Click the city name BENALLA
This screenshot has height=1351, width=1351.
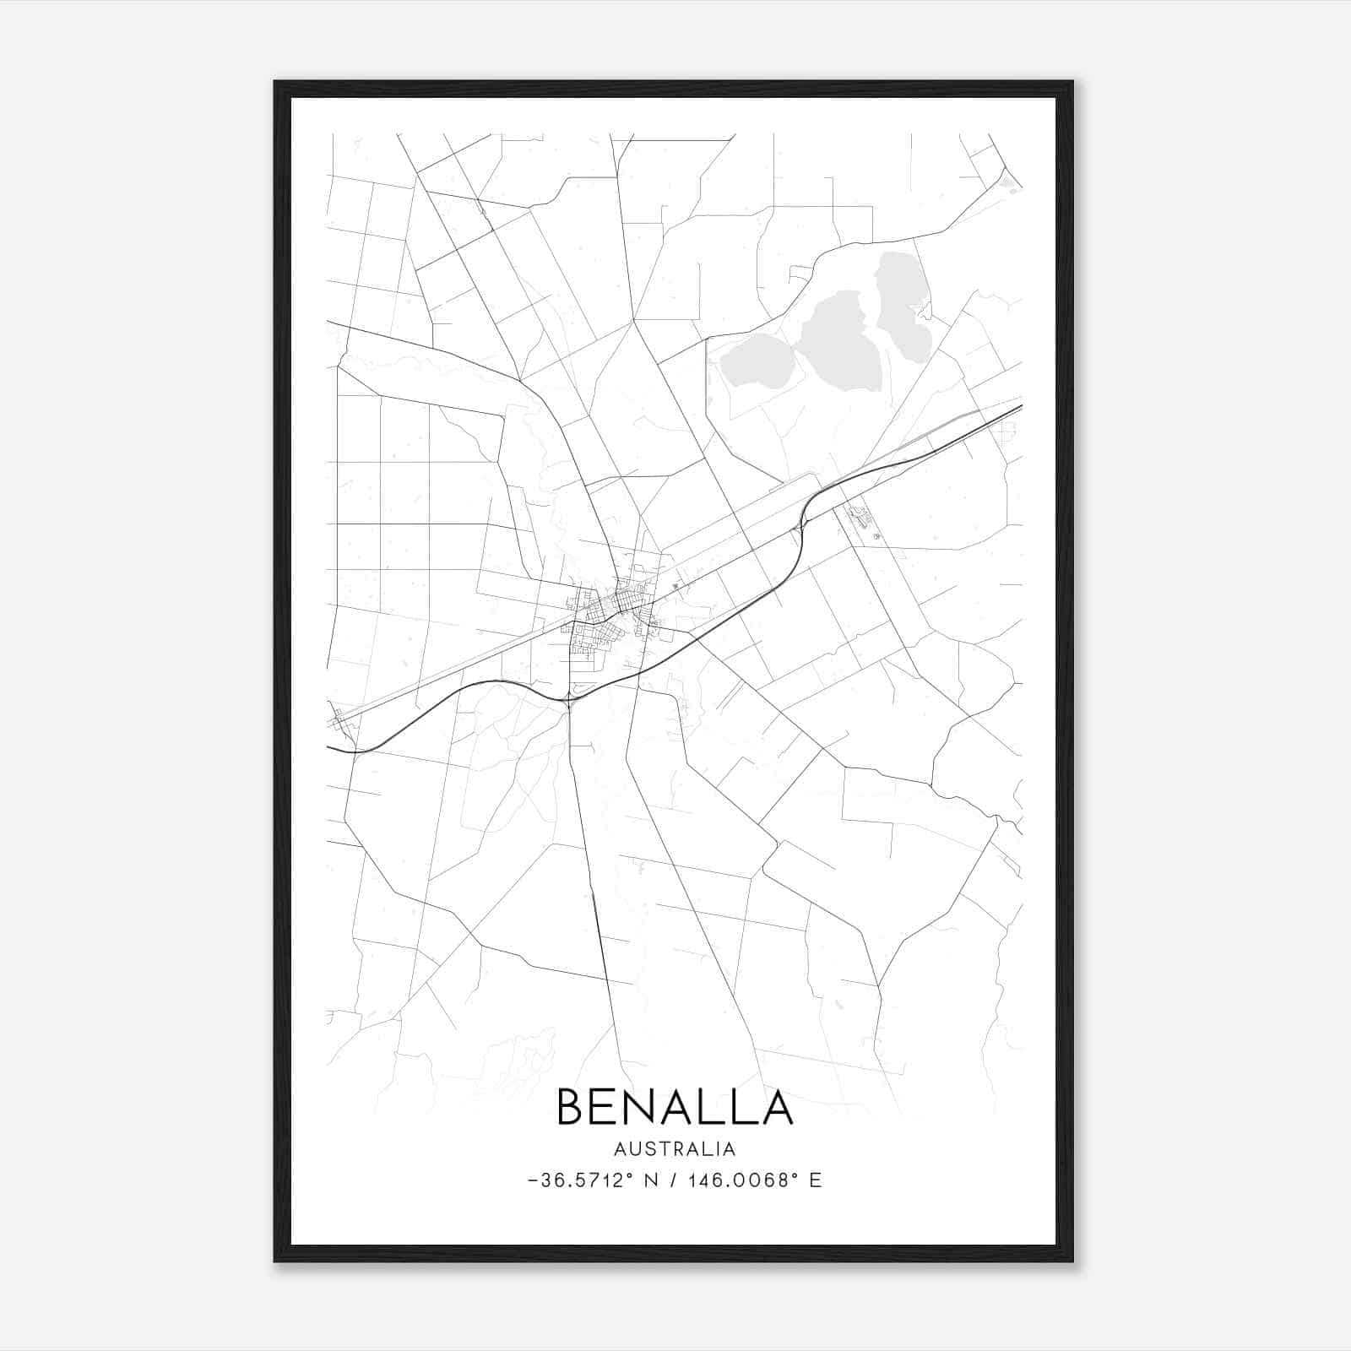[675, 1107]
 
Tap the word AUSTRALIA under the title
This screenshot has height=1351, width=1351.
[675, 1149]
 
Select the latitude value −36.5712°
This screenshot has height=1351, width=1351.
[579, 1180]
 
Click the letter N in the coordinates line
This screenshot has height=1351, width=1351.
[650, 1180]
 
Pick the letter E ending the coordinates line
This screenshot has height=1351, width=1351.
[815, 1180]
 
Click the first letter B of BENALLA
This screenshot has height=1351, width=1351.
[571, 1107]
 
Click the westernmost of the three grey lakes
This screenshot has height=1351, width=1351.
[756, 361]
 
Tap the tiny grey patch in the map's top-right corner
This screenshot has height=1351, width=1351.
[1006, 180]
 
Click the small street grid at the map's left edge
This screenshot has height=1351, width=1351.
[340, 720]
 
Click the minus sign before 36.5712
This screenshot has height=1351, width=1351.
[532, 1180]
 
